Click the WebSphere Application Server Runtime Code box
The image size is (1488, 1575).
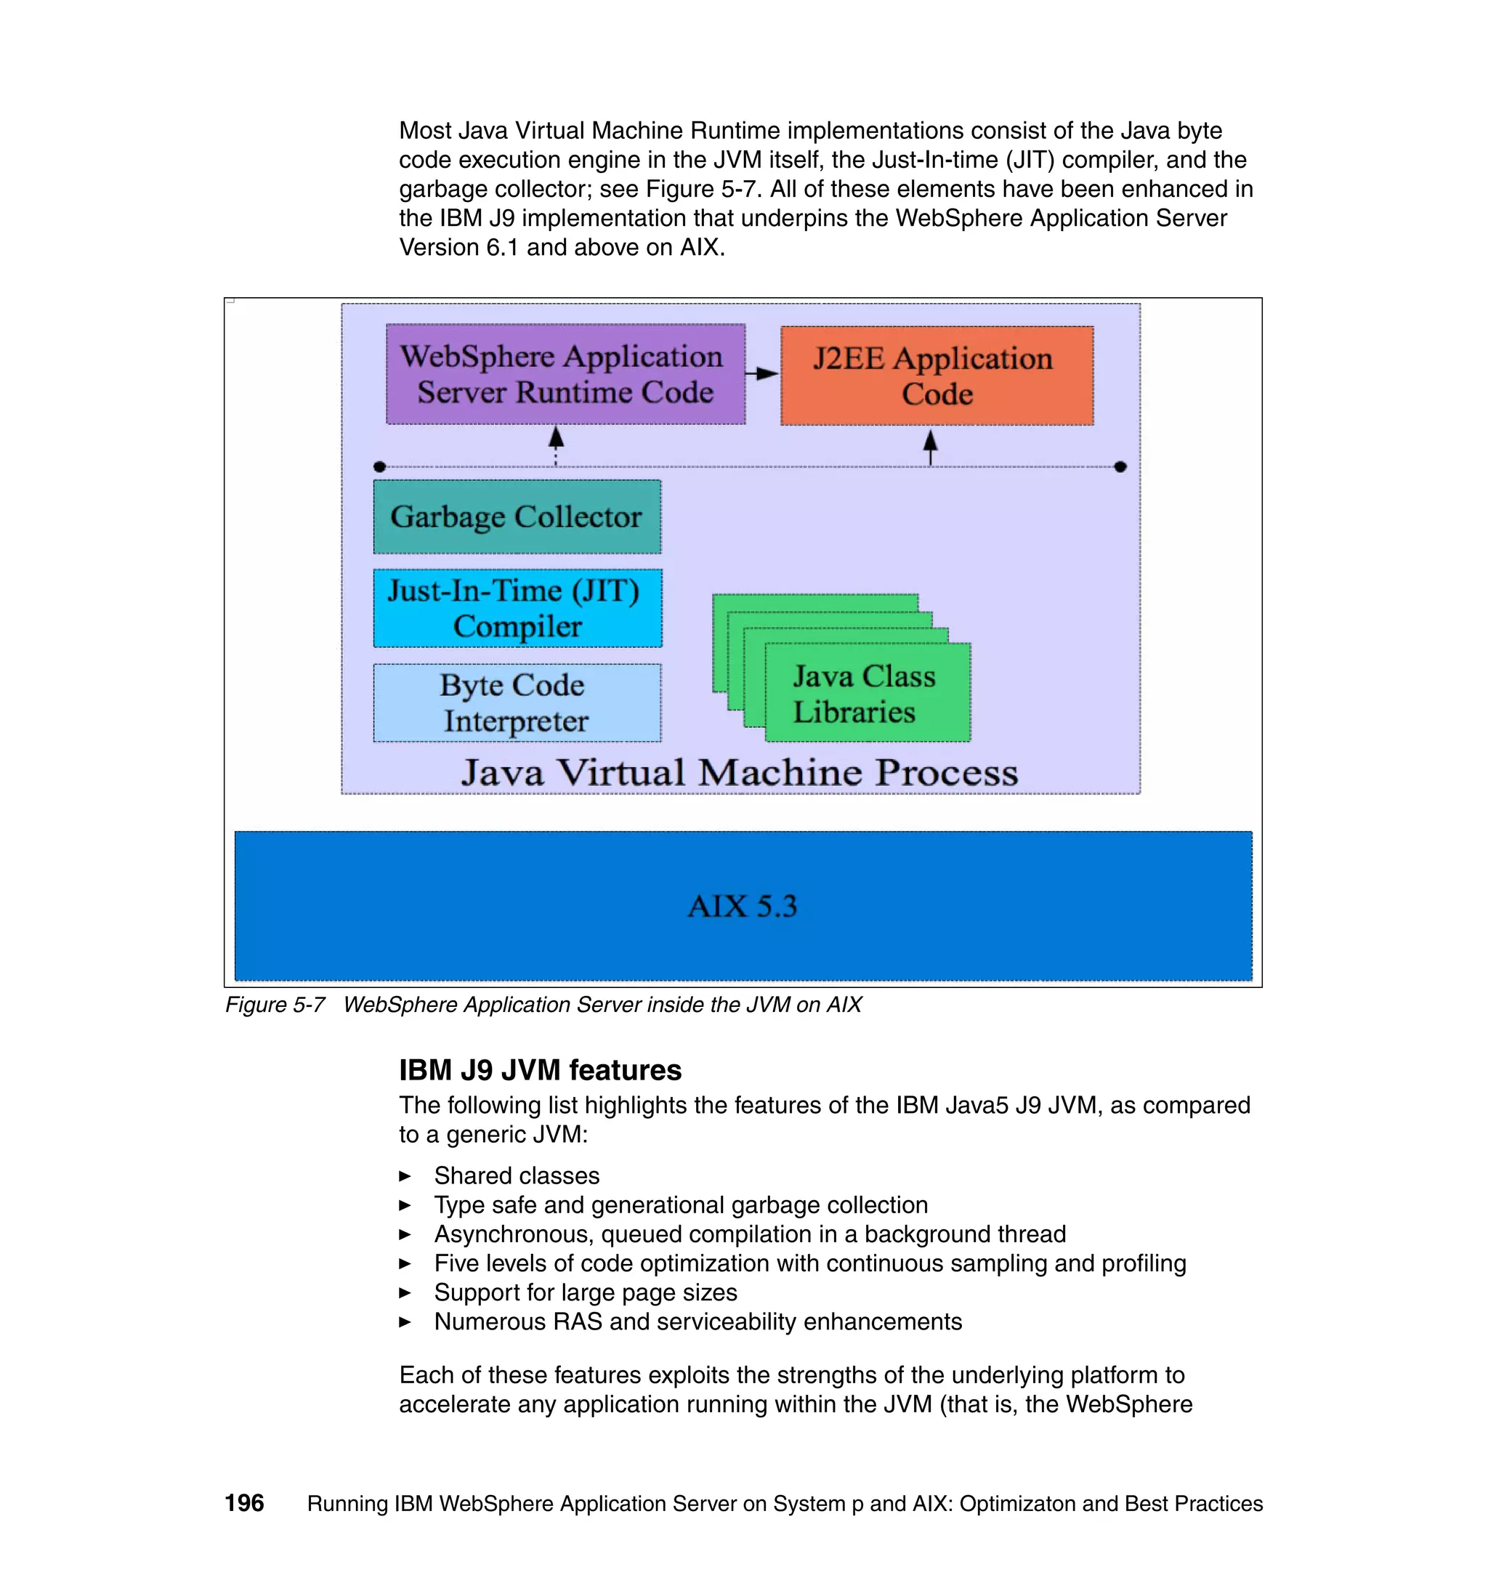pos(565,373)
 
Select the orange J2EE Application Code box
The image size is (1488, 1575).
pos(936,376)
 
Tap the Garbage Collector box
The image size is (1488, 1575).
pos(517,517)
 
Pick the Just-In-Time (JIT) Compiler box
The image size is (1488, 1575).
pos(517,608)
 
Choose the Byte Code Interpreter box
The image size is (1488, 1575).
pos(517,703)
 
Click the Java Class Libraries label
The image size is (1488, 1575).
pos(864,694)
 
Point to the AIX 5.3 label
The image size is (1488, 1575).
pos(743,906)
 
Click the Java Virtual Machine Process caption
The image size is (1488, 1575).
pos(739,772)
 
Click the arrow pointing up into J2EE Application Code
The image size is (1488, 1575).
pos(931,446)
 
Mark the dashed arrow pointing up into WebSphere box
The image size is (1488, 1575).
pos(556,444)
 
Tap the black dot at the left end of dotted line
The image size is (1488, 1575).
pos(380,467)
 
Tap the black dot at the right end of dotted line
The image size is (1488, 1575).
pos(1120,467)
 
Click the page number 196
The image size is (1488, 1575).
pos(244,1503)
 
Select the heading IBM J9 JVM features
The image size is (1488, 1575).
pos(539,1070)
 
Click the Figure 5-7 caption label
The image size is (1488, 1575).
pos(275,1005)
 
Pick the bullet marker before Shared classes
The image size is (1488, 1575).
pos(405,1176)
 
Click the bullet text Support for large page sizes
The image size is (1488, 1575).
pos(586,1292)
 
